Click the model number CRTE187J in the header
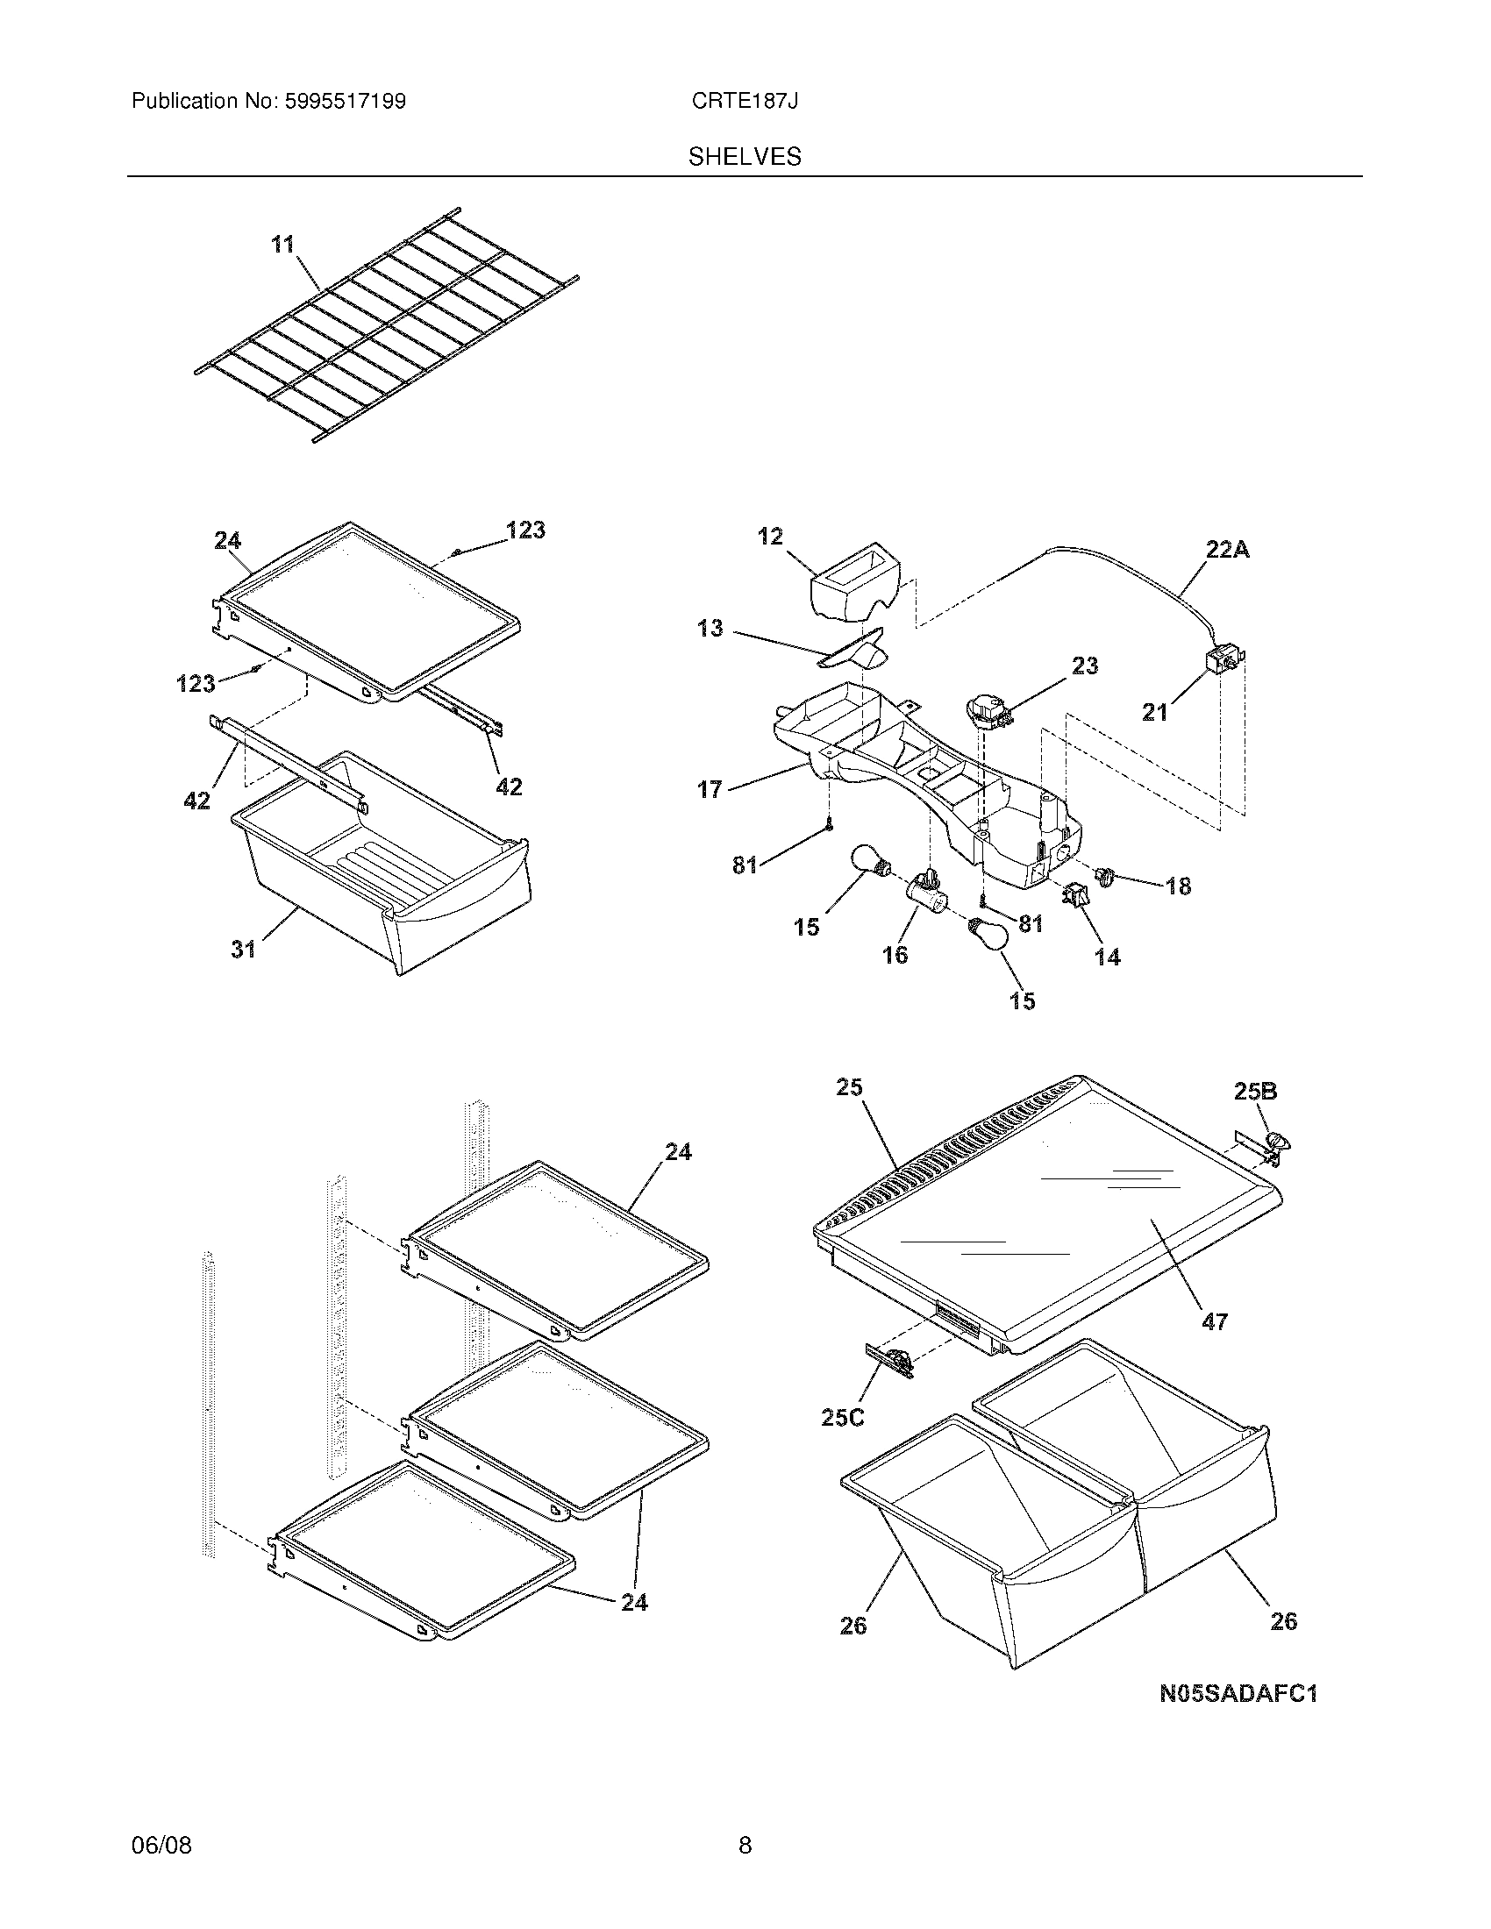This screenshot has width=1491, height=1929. [x=745, y=102]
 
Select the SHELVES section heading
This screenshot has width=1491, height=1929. [x=745, y=157]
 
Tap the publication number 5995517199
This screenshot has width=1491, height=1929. [x=345, y=102]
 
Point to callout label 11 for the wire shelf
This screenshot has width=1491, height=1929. [x=282, y=244]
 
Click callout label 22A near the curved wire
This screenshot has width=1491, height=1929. [x=1227, y=551]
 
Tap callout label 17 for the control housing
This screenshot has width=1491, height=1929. [x=710, y=789]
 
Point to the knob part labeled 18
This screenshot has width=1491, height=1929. [x=1105, y=876]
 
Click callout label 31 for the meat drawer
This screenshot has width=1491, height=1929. [x=243, y=949]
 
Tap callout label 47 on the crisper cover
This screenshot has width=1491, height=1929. [x=1215, y=1346]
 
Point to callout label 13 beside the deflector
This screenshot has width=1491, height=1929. [x=710, y=629]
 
